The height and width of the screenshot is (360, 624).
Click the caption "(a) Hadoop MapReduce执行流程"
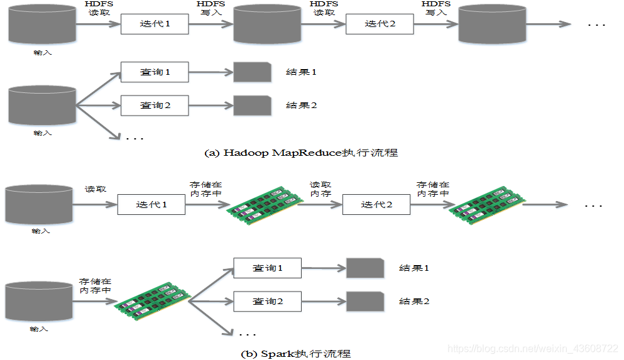(302, 153)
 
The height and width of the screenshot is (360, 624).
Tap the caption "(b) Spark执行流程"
(296, 353)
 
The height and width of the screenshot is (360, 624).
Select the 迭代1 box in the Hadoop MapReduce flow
(155, 25)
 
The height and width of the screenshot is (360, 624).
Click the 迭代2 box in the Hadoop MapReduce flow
(380, 25)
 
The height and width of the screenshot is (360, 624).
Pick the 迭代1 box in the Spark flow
(151, 204)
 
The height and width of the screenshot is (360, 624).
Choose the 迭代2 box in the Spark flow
(376, 204)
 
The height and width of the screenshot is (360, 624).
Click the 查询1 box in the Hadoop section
(155, 72)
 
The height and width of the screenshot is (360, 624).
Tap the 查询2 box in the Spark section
(267, 302)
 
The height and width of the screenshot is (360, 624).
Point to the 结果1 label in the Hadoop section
(301, 72)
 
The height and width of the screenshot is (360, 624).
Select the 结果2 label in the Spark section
(414, 302)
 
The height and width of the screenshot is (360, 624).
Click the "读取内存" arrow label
(320, 189)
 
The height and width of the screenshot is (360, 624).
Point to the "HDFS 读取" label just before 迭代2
(324, 8)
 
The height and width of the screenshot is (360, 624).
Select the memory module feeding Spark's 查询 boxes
(151, 302)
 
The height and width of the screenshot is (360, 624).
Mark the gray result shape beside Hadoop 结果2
(252, 106)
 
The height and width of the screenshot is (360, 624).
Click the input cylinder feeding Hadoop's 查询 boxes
(42, 106)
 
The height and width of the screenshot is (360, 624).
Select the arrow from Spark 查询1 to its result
(323, 268)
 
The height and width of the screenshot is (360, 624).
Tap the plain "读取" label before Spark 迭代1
(96, 188)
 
